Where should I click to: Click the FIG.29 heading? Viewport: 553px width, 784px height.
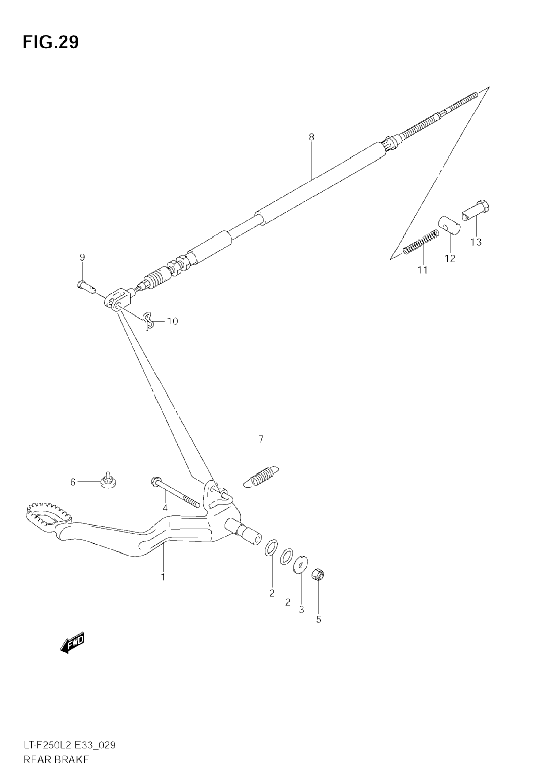(x=51, y=43)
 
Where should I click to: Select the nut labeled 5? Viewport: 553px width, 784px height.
(x=318, y=575)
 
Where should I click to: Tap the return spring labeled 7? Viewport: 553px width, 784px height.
(x=262, y=475)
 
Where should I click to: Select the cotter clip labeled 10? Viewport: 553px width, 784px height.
(x=148, y=321)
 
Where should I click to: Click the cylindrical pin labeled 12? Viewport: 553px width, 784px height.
(x=449, y=225)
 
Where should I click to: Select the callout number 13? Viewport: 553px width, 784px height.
(x=475, y=242)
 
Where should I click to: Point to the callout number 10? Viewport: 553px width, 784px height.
(x=173, y=321)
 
